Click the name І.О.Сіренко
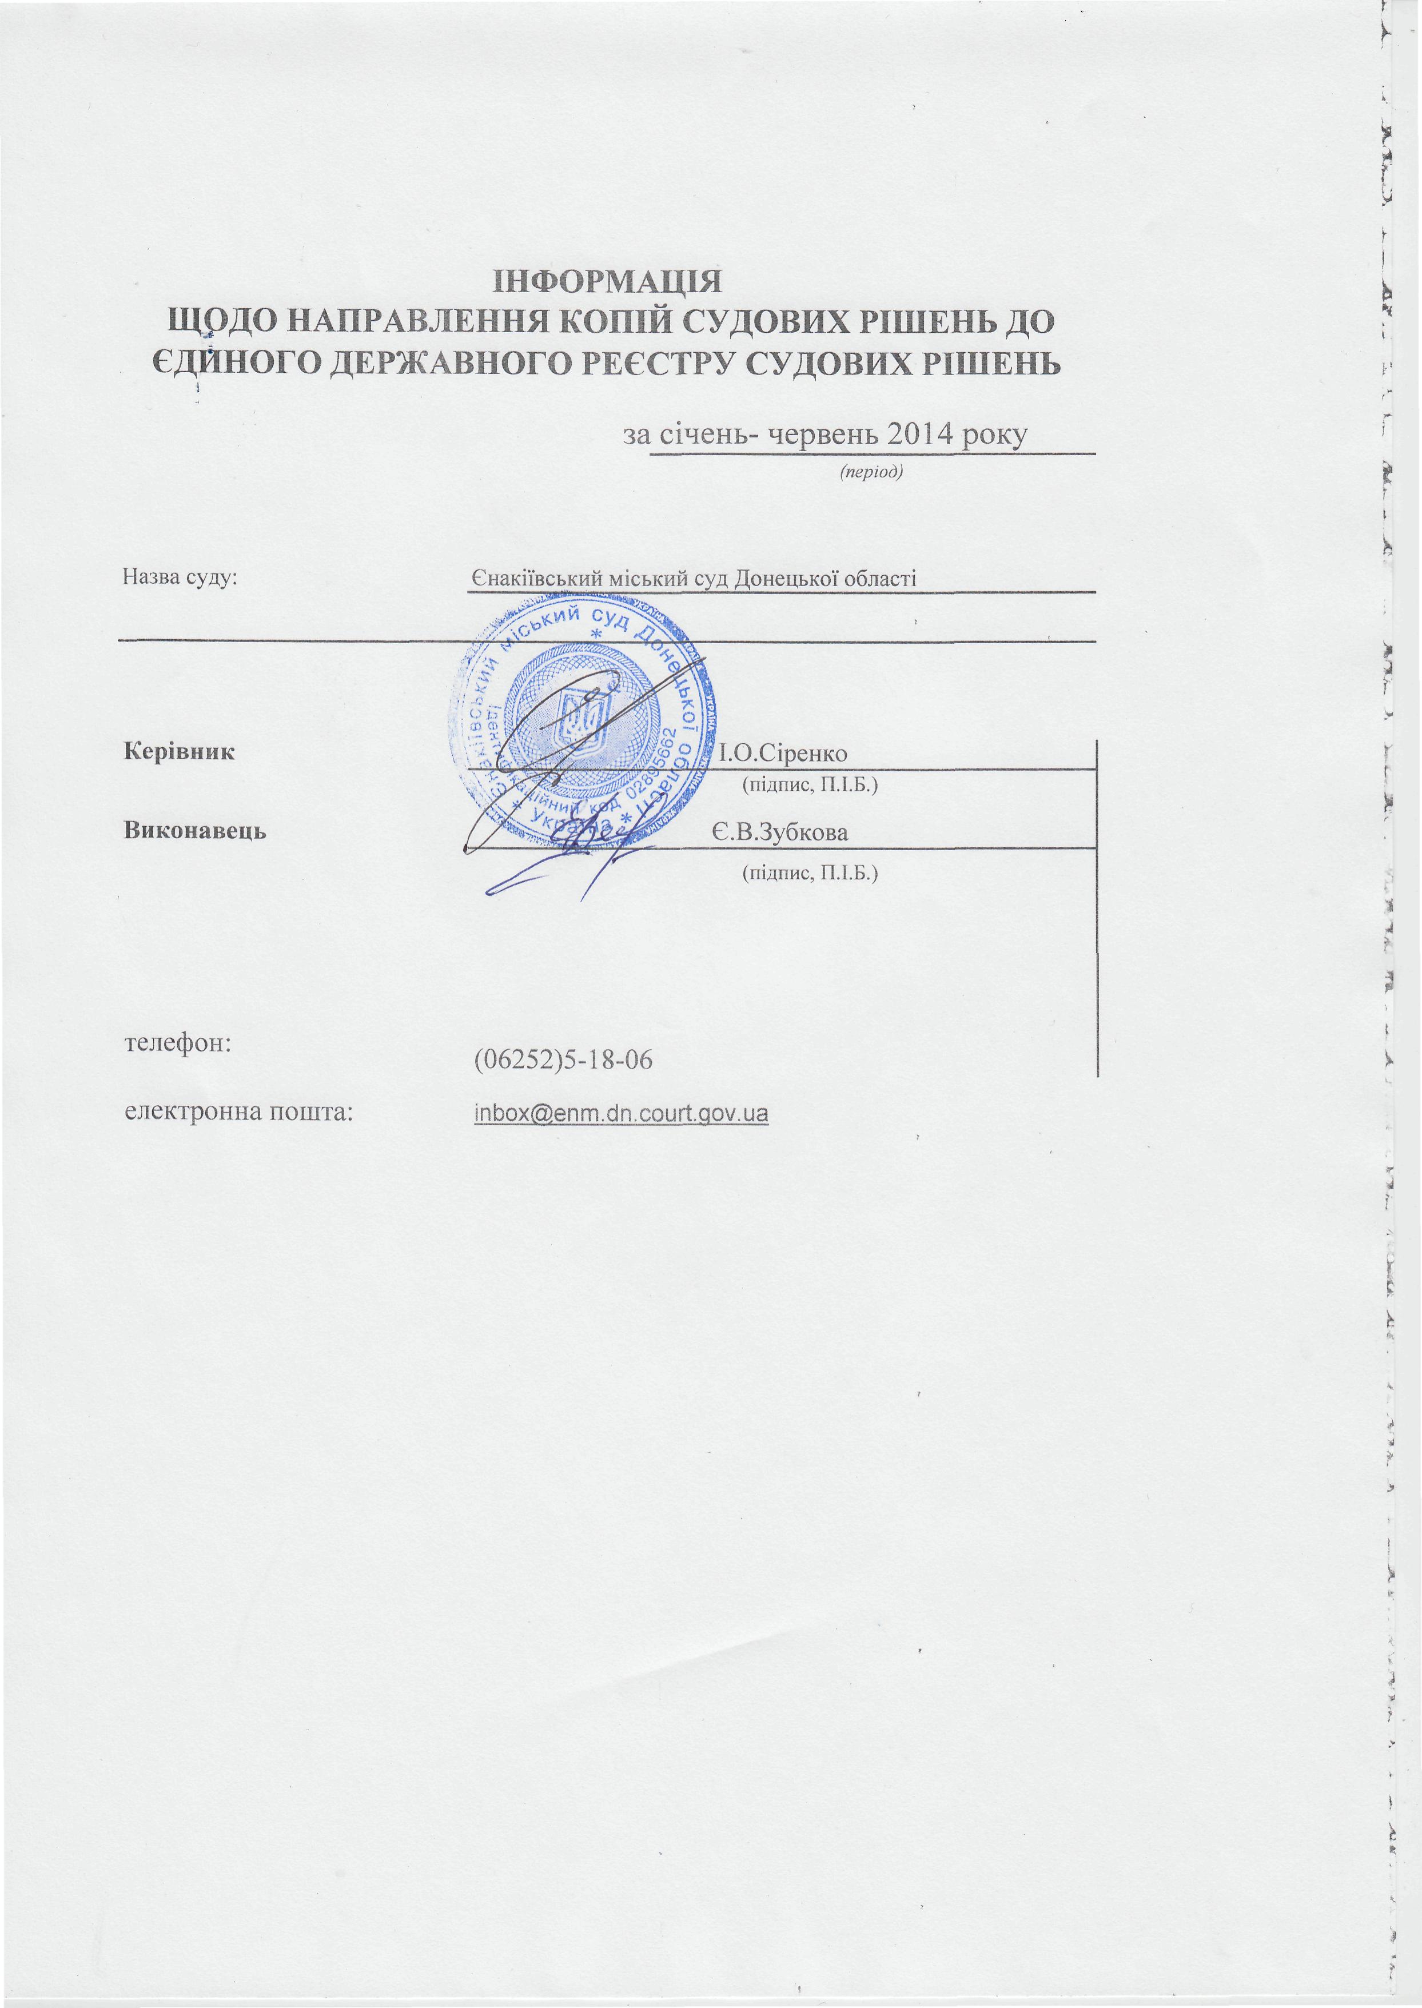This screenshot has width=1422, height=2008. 783,753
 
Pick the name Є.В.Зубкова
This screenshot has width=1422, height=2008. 779,831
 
